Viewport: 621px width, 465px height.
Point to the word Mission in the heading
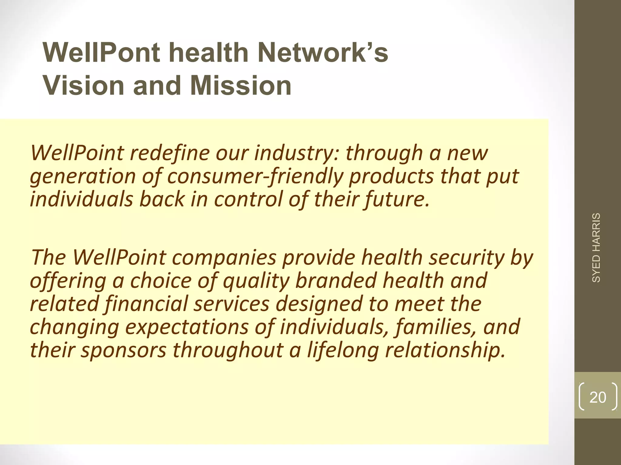(x=241, y=86)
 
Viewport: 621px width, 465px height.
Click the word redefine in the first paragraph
(x=170, y=153)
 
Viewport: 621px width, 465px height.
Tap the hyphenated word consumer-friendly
(x=255, y=176)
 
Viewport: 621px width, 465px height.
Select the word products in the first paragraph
(x=391, y=176)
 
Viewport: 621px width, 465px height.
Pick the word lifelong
(x=343, y=350)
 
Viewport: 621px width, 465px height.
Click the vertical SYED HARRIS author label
(x=596, y=248)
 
